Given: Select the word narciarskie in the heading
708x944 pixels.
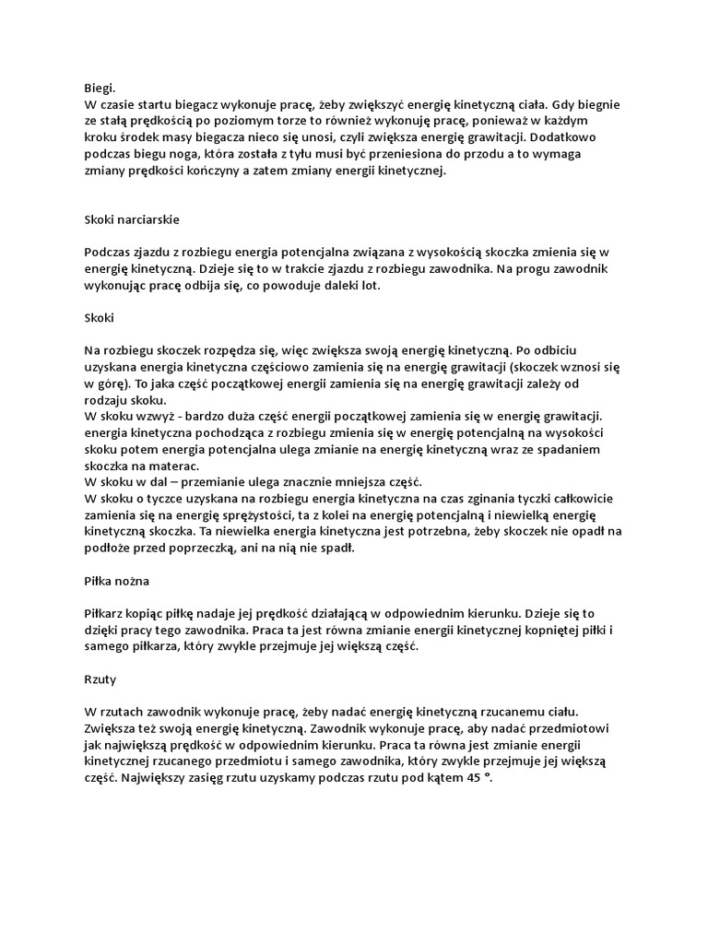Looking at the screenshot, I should point(150,220).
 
